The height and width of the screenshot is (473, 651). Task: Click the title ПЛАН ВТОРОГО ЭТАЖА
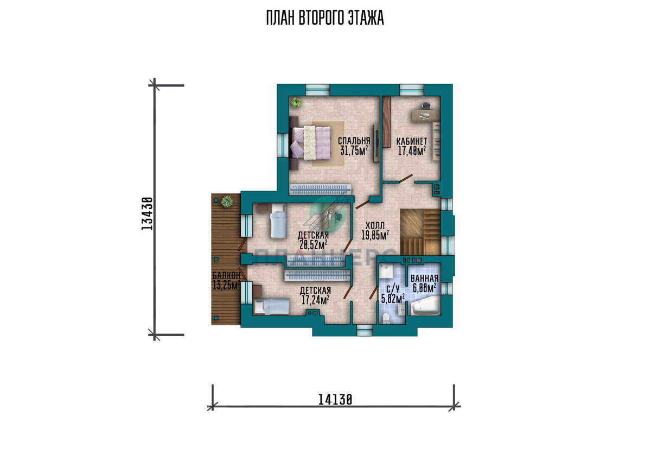coord(325,18)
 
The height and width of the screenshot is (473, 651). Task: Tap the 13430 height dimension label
coord(147,213)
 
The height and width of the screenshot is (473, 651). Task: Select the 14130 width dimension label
coord(335,400)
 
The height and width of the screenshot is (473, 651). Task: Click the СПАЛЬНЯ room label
coord(354,141)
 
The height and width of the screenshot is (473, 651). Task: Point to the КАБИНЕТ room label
coord(412,141)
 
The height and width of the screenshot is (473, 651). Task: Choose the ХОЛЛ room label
coord(375,225)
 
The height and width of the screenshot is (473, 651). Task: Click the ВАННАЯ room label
coord(424,279)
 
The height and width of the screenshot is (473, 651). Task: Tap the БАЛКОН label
coord(226,275)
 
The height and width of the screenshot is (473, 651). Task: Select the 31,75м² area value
coord(354,150)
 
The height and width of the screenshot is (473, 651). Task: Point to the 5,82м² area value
coord(393,298)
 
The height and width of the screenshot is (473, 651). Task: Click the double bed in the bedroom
coord(310,143)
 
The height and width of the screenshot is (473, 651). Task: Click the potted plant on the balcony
coord(226,201)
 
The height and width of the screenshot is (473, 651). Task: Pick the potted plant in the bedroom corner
coord(296,103)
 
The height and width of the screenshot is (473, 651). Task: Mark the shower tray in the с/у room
coord(387,272)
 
